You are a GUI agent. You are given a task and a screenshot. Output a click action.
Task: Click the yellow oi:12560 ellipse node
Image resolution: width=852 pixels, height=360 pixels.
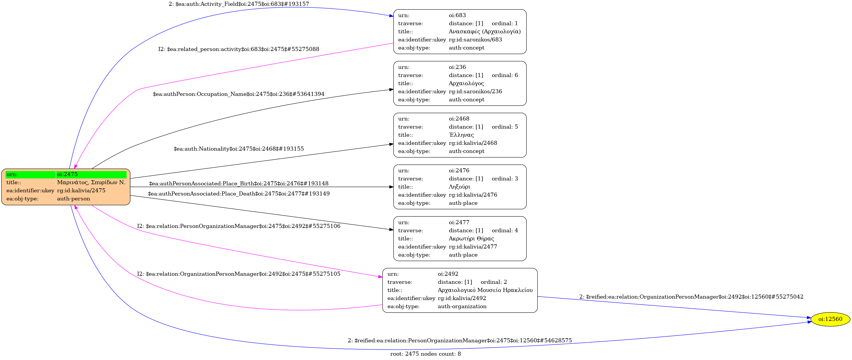[830, 319]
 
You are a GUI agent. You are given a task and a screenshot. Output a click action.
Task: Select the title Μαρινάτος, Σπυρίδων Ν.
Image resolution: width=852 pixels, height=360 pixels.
[91, 182]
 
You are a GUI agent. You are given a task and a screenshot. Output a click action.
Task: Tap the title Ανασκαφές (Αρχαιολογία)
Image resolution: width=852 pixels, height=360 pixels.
[484, 31]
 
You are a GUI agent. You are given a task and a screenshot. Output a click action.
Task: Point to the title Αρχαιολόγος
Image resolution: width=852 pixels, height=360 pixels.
[466, 83]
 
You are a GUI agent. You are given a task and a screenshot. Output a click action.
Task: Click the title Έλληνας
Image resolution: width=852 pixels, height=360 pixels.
[461, 135]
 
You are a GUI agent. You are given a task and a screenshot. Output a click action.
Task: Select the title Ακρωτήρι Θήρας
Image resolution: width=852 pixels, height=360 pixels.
[471, 238]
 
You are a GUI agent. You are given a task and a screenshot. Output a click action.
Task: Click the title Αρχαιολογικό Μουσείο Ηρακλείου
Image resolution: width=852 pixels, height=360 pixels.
[485, 290]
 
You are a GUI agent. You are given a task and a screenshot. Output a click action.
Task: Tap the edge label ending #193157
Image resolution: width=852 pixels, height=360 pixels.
[239, 4]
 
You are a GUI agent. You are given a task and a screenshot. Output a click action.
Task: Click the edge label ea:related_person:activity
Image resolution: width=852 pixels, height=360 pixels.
[239, 49]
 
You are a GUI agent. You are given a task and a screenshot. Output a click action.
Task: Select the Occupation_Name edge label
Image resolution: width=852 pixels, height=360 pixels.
[239, 94]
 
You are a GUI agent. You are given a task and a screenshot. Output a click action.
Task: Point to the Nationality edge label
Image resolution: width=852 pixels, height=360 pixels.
[239, 149]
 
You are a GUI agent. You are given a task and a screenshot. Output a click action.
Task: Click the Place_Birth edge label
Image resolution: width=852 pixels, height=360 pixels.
[239, 183]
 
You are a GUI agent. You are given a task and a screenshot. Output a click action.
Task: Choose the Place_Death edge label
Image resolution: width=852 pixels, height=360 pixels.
[239, 194]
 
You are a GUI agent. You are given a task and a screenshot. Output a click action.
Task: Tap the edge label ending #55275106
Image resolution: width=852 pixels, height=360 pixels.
[239, 226]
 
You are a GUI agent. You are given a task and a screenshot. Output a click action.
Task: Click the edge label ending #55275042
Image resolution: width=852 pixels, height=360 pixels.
[691, 297]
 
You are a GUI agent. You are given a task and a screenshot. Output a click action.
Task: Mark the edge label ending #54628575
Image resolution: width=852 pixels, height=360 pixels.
[459, 341]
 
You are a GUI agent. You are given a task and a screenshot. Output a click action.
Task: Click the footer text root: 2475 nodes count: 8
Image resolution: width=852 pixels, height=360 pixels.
[425, 354]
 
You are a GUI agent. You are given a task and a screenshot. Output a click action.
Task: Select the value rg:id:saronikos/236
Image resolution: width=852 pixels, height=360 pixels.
[475, 91]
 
